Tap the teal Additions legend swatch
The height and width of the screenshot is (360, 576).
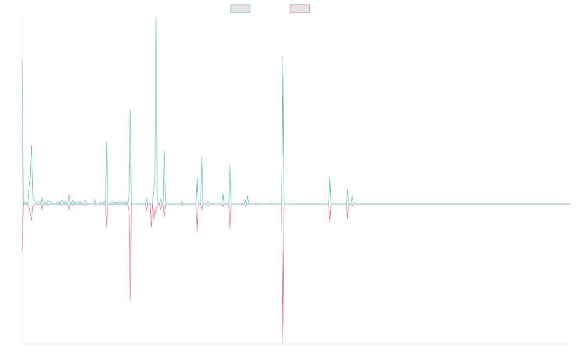pyautogui.click(x=240, y=9)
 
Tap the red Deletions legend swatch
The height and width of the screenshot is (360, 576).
pyautogui.click(x=300, y=9)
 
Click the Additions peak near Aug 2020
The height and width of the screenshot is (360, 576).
pyautogui.click(x=282, y=57)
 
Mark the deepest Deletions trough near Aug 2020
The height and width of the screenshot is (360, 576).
pyautogui.click(x=283, y=343)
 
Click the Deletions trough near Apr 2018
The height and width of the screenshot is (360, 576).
pyautogui.click(x=130, y=300)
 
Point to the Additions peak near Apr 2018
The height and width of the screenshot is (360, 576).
pyautogui.click(x=130, y=110)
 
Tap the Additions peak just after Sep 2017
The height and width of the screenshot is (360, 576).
pyautogui.click(x=107, y=142)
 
